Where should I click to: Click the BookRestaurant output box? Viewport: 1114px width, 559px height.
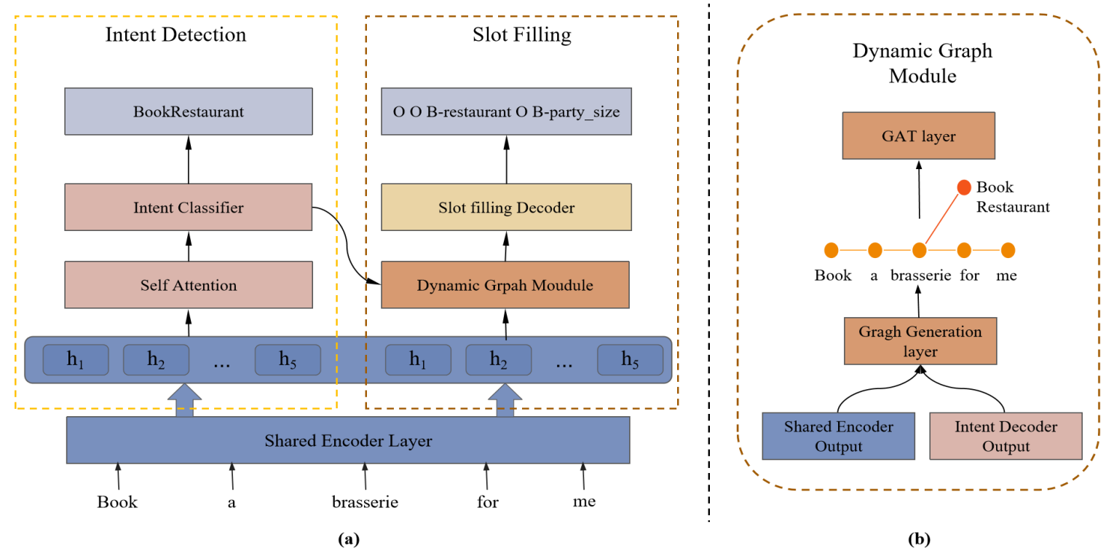point(189,112)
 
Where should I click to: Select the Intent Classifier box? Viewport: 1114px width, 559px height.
point(189,208)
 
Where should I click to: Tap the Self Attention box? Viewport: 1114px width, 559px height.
point(189,285)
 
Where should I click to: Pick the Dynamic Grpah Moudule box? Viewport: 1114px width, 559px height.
point(505,285)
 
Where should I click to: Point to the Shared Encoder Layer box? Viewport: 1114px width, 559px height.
point(348,440)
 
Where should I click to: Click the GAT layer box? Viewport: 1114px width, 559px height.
point(920,136)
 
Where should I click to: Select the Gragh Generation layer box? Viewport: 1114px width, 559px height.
point(920,341)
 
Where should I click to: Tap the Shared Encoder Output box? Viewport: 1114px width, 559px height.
point(838,436)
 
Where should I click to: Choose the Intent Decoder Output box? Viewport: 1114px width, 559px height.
point(1006,436)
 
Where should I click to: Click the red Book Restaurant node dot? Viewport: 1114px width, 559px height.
point(964,187)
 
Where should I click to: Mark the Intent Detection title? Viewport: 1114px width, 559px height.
point(175,34)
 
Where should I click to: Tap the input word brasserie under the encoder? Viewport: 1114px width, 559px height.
point(365,503)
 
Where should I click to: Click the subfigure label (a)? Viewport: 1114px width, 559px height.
point(348,540)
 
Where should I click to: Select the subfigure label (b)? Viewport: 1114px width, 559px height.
point(919,540)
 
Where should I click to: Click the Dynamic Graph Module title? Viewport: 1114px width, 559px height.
point(923,63)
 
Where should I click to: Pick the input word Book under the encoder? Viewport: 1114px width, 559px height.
point(117,503)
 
